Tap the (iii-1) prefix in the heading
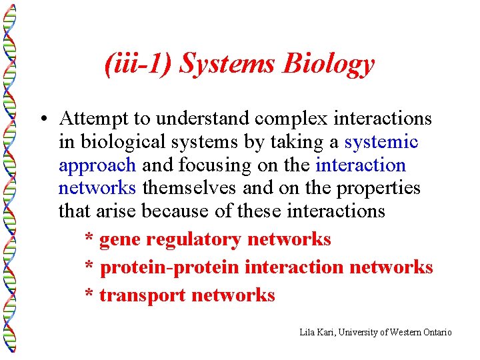tap(140, 65)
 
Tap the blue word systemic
tap(381, 142)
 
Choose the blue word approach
tap(97, 165)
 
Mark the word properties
tap(379, 188)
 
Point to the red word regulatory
tap(193, 239)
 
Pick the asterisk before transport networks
tap(89, 293)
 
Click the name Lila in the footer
tap(307, 332)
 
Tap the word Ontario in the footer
tap(437, 332)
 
